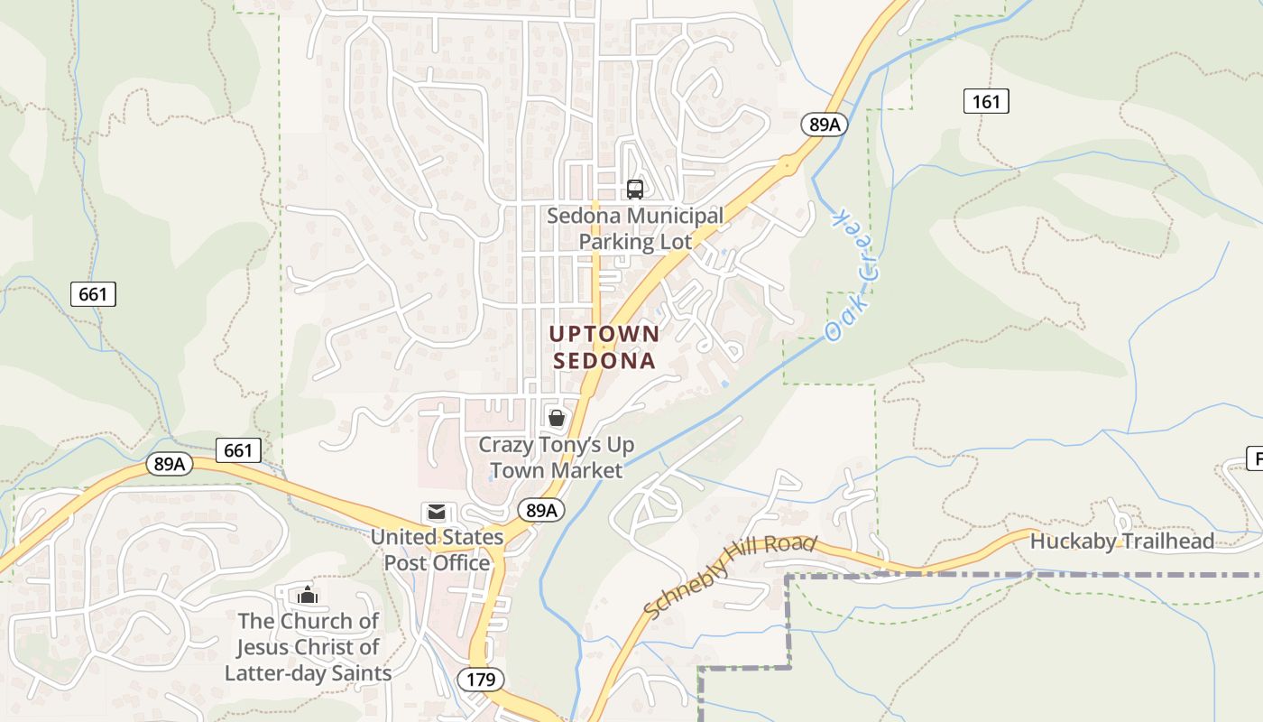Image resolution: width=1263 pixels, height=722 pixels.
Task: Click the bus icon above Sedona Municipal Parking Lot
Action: pos(635,189)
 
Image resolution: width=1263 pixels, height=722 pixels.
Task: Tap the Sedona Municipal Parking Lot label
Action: pos(635,229)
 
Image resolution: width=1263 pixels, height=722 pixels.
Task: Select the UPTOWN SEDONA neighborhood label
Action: pos(604,347)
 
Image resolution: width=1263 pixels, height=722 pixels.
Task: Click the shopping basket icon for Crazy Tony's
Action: pos(557,418)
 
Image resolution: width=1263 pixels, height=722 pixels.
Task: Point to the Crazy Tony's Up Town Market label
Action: pos(556,458)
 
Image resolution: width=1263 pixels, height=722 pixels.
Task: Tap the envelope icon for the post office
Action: pos(437,513)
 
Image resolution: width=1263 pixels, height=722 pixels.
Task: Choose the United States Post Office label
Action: pos(438,550)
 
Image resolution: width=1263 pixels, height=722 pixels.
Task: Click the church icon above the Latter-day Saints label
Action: pos(308,595)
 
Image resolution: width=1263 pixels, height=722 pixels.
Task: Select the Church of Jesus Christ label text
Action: pos(308,647)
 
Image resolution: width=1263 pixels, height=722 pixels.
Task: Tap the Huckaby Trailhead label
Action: pos(1121,541)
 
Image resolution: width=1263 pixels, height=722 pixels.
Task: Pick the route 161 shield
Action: pos(986,101)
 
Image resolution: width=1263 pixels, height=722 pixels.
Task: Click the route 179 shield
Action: pos(481,679)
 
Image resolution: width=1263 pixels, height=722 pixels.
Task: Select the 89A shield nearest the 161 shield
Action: pos(825,125)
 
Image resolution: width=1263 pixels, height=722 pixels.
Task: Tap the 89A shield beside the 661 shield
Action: pos(170,464)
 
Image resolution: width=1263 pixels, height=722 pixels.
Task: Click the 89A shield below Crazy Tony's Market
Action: pos(541,511)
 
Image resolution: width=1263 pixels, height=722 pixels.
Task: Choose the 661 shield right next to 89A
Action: pos(238,449)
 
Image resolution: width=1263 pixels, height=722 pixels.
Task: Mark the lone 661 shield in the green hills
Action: pos(93,293)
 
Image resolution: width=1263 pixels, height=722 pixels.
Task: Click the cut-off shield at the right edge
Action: pos(1255,458)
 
